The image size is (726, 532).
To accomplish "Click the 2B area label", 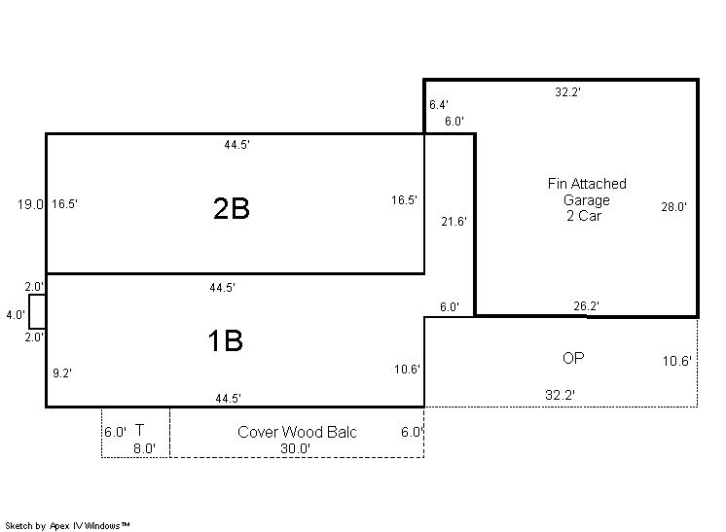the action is point(231,208).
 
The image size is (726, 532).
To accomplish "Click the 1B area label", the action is point(225,340).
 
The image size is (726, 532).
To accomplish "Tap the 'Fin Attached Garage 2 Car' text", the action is point(587,199).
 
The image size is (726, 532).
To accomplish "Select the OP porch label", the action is point(573,358).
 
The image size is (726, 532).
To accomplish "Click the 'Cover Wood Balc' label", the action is point(297,432).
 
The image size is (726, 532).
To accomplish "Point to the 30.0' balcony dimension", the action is point(295,448).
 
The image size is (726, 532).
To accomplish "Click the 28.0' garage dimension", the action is point(673,207).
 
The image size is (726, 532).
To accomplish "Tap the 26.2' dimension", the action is point(586,305).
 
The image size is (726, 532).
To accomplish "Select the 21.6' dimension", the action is point(454,222).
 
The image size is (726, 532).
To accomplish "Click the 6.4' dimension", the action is point(439,105).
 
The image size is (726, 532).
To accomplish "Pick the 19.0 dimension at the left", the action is point(30,204).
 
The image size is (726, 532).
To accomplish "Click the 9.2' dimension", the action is point(61,372).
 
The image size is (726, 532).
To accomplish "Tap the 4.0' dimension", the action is point(16,315).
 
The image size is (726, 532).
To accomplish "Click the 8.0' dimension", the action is point(144,448).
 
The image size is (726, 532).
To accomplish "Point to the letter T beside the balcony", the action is point(139,430).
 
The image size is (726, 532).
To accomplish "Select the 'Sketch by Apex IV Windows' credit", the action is point(67,525).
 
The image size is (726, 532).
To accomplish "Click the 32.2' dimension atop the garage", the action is point(567,92).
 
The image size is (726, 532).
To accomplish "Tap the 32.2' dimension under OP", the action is point(560,395).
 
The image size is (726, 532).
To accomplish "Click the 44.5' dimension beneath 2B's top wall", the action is point(237,145).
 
